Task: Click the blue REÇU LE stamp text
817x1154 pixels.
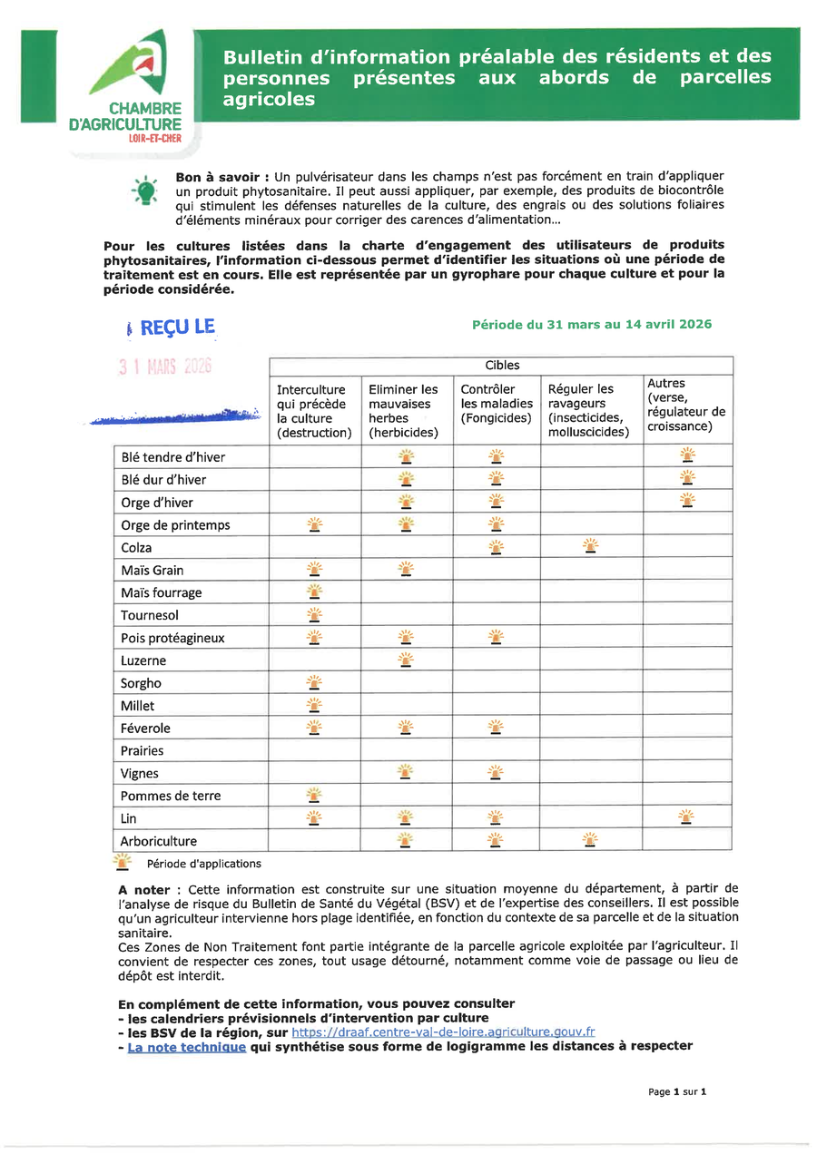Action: [177, 327]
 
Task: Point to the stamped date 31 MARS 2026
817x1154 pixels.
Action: [164, 367]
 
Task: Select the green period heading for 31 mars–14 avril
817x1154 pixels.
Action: [592, 324]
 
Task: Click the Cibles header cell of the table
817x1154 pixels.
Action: [501, 366]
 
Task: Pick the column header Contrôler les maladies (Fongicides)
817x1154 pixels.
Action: [497, 404]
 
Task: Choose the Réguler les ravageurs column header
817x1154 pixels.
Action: [591, 410]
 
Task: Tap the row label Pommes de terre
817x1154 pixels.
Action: [171, 796]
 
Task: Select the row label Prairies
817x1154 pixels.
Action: [143, 750]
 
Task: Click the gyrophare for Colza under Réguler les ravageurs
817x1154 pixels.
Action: [590, 546]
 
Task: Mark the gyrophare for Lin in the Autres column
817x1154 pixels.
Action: [687, 817]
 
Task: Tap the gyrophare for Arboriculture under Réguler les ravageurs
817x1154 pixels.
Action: [590, 840]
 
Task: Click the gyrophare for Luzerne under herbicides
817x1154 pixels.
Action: [406, 660]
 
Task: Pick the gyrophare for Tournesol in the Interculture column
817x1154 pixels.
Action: [314, 614]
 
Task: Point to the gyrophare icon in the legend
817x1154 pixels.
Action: [122, 862]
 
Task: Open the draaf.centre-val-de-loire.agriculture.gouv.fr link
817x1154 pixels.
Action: [444, 1032]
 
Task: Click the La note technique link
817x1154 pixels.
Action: [186, 1046]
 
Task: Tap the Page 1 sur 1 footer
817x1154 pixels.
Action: [676, 1091]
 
